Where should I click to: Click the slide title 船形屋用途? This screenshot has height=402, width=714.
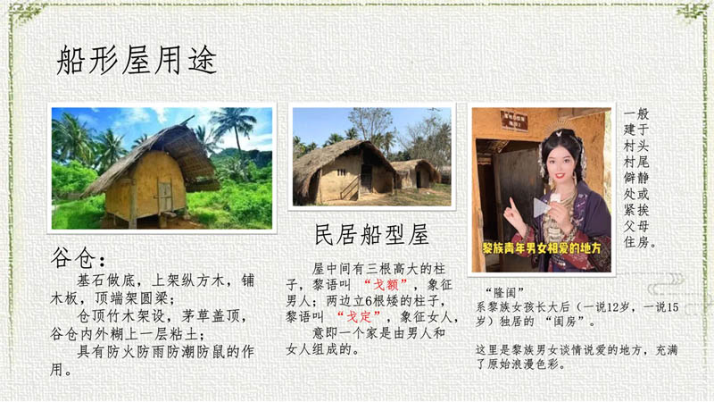click(137, 61)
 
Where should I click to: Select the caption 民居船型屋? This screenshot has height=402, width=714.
click(372, 235)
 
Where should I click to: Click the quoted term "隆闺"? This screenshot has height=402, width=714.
click(508, 292)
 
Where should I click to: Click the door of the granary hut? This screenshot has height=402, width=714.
click(165, 196)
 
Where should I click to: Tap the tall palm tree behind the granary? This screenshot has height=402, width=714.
click(233, 125)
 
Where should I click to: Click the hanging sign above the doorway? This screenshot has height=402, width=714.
click(513, 121)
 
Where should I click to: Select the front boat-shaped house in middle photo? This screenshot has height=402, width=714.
click(344, 170)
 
